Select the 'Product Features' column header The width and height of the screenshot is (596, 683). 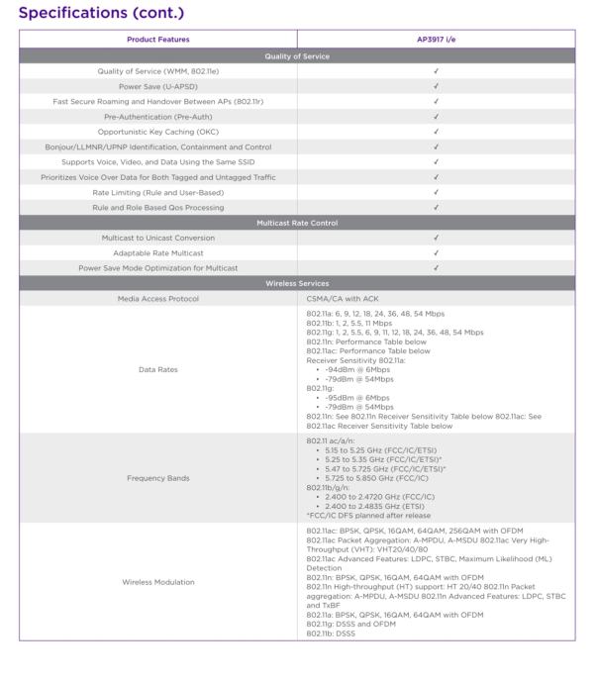pos(157,40)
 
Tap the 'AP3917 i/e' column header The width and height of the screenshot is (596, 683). pos(436,40)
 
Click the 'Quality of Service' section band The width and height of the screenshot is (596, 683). pos(297,56)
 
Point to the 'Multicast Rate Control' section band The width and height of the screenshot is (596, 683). pos(297,223)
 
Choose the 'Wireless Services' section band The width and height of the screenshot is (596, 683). pos(297,283)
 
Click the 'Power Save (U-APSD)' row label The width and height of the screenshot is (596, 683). pos(157,86)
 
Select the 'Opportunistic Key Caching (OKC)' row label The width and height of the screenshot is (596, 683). pos(157,132)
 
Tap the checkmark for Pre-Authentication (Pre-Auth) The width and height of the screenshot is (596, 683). pos(436,117)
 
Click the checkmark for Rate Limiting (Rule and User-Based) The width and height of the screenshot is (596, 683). pos(436,192)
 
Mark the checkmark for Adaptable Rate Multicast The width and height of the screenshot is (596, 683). pos(436,252)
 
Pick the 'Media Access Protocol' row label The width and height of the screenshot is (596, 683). pos(157,298)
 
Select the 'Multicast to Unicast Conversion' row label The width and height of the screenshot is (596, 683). pos(157,238)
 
